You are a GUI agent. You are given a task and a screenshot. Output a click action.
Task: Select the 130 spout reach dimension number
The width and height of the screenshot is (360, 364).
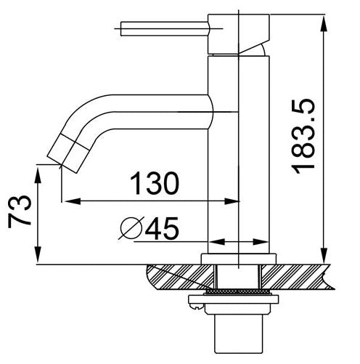pyautogui.click(x=154, y=184)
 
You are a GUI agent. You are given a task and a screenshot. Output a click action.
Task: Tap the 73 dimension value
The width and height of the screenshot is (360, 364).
pyautogui.click(x=19, y=211)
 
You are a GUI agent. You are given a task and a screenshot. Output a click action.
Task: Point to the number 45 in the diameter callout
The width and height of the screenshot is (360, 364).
pyautogui.click(x=162, y=230)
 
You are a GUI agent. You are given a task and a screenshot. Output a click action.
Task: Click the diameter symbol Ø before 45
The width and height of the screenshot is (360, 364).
pyautogui.click(x=131, y=230)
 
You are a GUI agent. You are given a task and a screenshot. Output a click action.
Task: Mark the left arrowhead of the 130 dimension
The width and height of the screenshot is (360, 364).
pyautogui.click(x=67, y=201)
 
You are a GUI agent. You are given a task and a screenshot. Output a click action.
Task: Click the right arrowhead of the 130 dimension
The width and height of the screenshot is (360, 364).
pyautogui.click(x=234, y=201)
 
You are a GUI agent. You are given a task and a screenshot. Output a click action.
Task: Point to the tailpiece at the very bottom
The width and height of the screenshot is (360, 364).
pyautogui.click(x=239, y=338)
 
